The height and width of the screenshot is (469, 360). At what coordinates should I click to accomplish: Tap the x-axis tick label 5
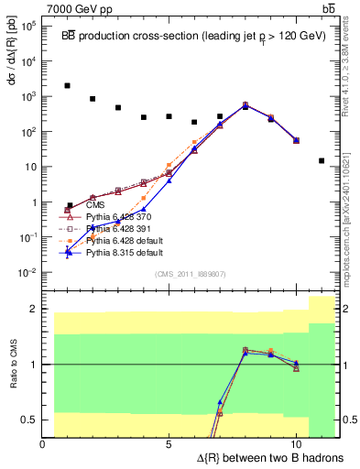pyautogui.click(x=169, y=444)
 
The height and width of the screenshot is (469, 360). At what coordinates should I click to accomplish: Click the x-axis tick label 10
pyautogui.click(x=295, y=444)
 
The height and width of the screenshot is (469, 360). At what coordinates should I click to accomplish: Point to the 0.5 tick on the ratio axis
pyautogui.click(x=29, y=420)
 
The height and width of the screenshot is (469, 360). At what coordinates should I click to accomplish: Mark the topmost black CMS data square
pyautogui.click(x=68, y=86)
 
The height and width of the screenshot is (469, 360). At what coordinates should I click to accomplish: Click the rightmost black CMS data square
pyautogui.click(x=322, y=160)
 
